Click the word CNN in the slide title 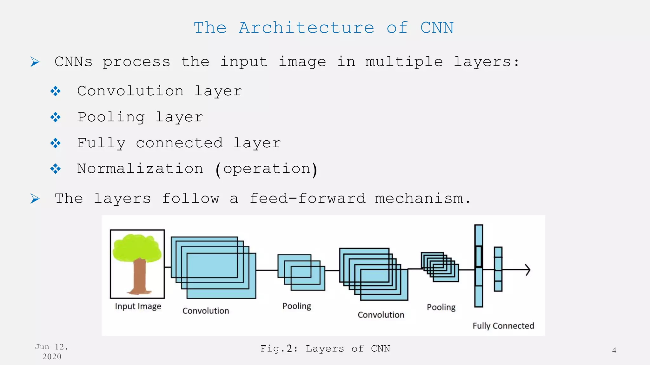[x=437, y=28]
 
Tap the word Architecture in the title [x=306, y=28]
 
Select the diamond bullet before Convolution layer [x=56, y=92]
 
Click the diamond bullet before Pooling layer [x=56, y=118]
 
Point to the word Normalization [x=140, y=169]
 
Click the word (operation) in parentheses [x=266, y=169]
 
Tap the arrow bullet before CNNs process [x=35, y=62]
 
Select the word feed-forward [x=307, y=199]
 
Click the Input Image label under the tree [x=138, y=306]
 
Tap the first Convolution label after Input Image [x=206, y=311]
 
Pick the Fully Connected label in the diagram [x=503, y=326]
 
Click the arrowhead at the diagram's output [x=528, y=270]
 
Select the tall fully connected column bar [x=479, y=295]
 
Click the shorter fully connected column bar [x=498, y=285]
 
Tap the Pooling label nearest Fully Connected [x=441, y=307]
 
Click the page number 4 [x=614, y=350]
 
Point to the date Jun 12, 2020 [x=51, y=352]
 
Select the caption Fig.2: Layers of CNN [x=325, y=349]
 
